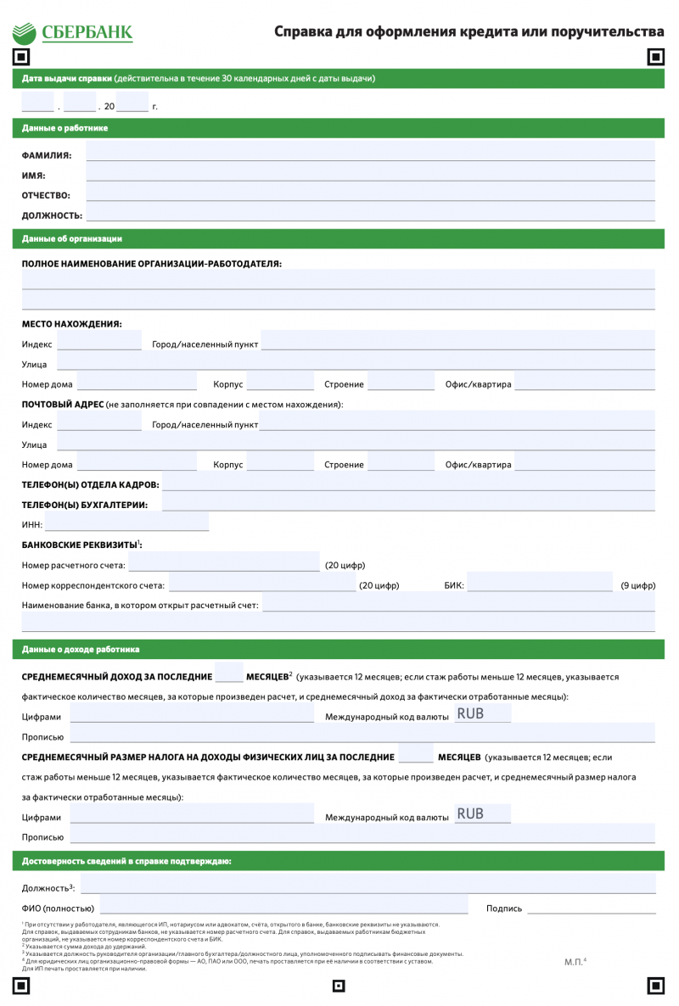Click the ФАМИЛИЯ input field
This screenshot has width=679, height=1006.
[x=370, y=152]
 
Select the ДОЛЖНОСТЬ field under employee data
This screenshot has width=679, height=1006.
[x=370, y=213]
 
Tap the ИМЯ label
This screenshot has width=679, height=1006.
[x=34, y=176]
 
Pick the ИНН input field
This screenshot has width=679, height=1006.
[x=126, y=523]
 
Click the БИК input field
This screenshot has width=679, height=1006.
[x=539, y=583]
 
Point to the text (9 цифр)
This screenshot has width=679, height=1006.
[x=637, y=585]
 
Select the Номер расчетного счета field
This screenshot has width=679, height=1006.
[x=224, y=562]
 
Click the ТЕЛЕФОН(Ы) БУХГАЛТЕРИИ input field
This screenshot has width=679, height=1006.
[x=407, y=503]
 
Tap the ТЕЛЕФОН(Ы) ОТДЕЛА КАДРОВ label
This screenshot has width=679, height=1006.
[x=90, y=484]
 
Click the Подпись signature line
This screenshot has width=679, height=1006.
[x=591, y=906]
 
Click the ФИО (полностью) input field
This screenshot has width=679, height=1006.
[x=283, y=904]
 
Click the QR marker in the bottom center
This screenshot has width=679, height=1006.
[x=339, y=986]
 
